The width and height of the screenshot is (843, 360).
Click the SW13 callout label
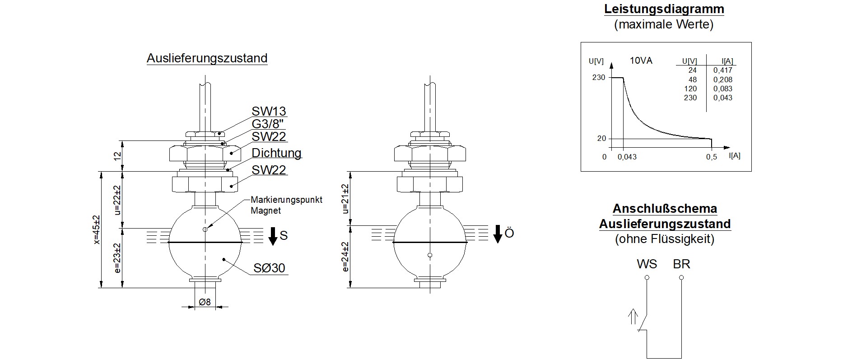click(269, 111)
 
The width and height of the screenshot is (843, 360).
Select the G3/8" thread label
click(269, 124)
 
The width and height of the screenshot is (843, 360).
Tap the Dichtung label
click(276, 153)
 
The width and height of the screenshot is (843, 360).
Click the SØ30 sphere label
click(269, 268)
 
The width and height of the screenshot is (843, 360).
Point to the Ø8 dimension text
click(205, 302)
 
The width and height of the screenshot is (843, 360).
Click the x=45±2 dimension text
click(96, 229)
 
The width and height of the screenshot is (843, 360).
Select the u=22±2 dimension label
click(118, 200)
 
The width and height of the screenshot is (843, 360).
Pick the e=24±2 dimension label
click(345, 257)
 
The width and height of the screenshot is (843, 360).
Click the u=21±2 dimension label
click(345, 199)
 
